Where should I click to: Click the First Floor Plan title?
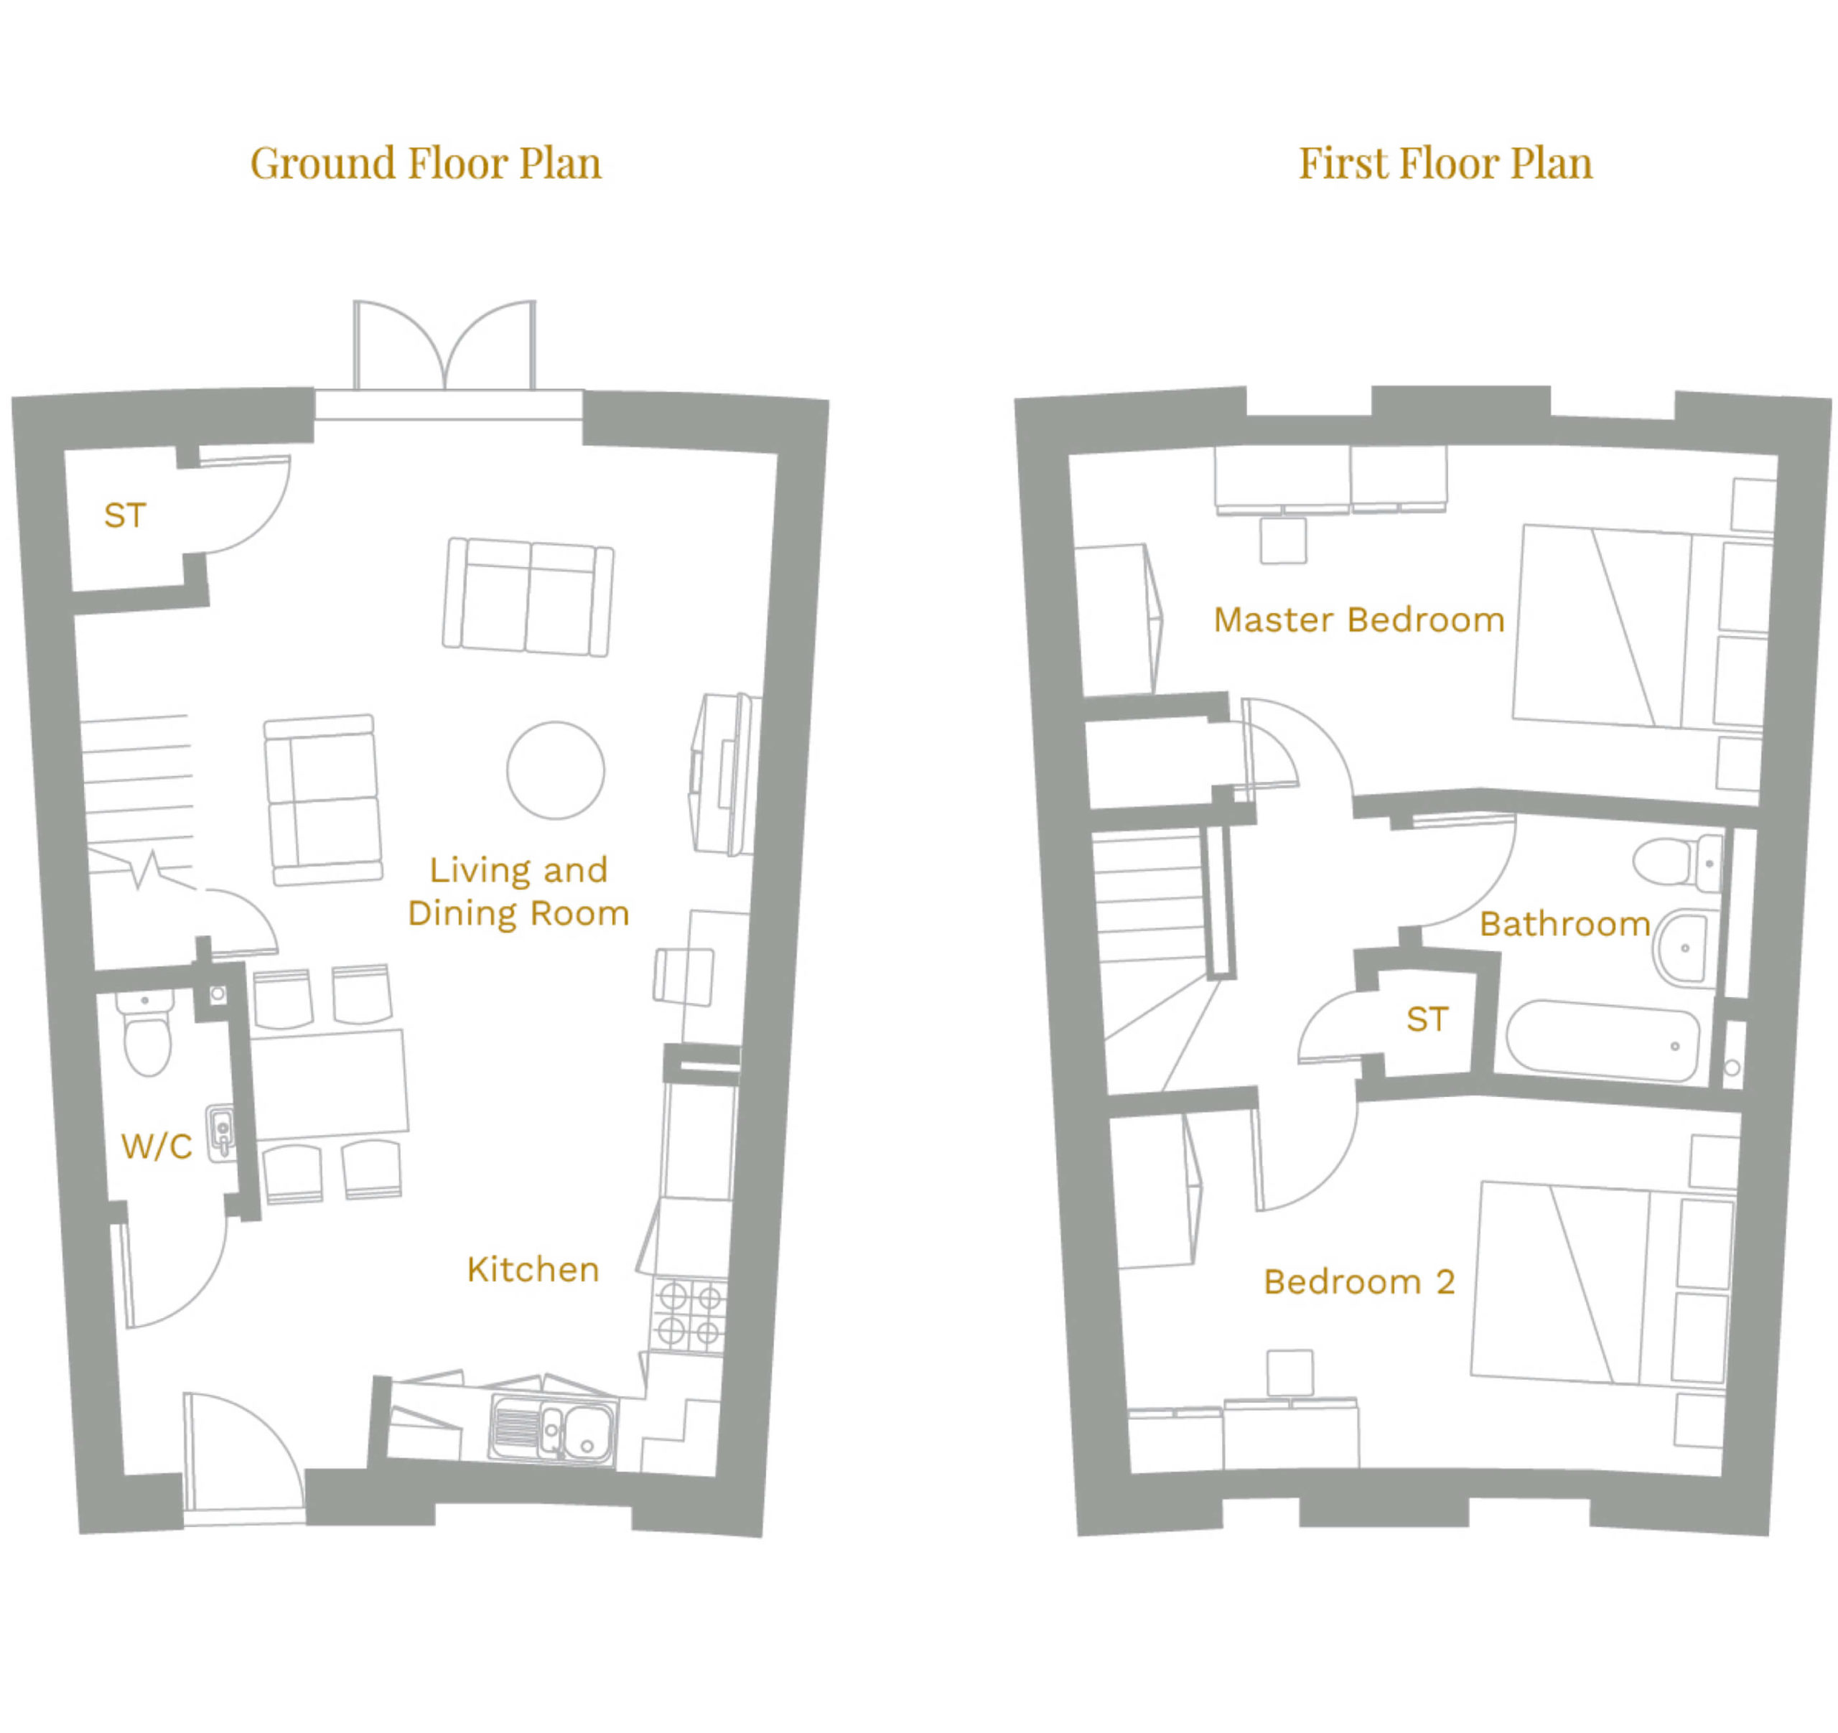click(x=1445, y=163)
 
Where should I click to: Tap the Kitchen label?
click(x=533, y=1270)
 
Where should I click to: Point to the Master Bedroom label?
click(x=1358, y=620)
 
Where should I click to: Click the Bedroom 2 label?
click(x=1358, y=1282)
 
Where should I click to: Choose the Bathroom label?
click(x=1564, y=923)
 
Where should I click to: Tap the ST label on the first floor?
click(x=1427, y=1019)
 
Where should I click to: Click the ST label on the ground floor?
click(x=125, y=515)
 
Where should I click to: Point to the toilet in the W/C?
click(x=146, y=1033)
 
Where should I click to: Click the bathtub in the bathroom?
click(x=1603, y=1041)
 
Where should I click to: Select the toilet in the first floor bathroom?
click(x=1678, y=862)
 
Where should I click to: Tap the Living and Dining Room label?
click(x=518, y=892)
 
